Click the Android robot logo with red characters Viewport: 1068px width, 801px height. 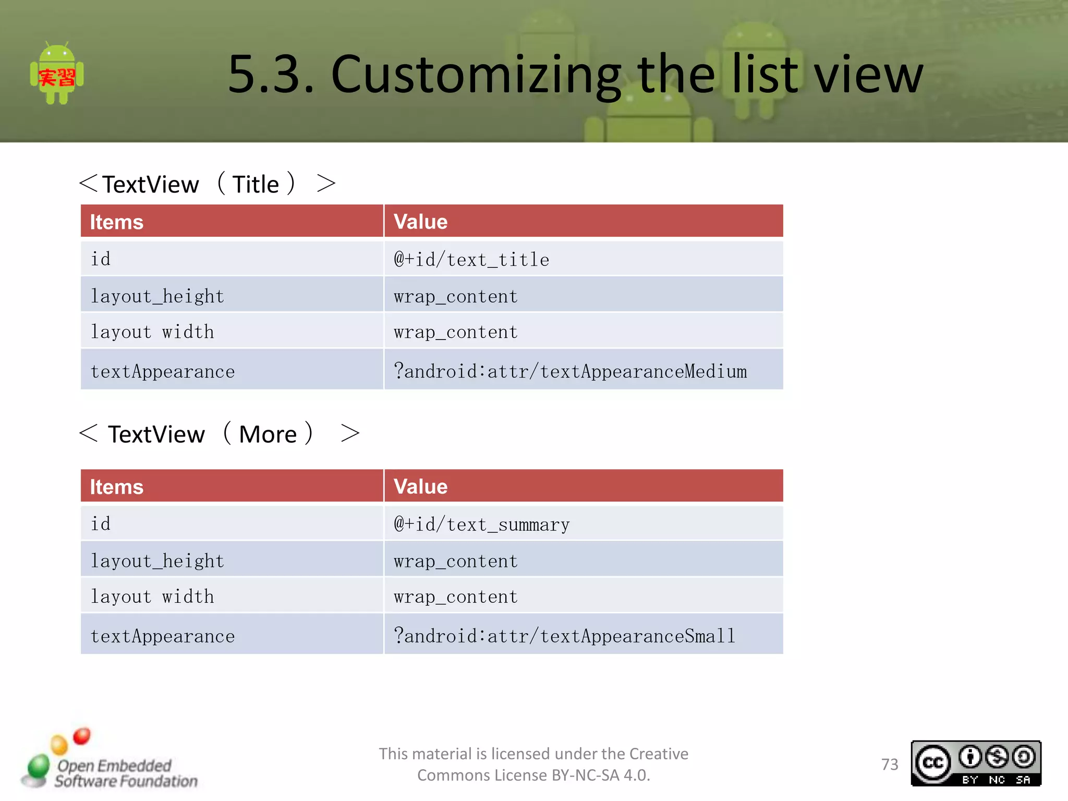click(57, 75)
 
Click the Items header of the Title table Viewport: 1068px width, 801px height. click(117, 222)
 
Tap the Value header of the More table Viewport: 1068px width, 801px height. click(420, 487)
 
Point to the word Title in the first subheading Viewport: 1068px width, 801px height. click(256, 185)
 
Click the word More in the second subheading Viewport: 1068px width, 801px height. click(268, 434)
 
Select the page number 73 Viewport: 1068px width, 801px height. click(890, 764)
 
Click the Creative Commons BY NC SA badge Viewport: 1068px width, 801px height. click(976, 763)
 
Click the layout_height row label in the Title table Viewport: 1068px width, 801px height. click(157, 296)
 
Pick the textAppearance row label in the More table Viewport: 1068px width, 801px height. click(163, 636)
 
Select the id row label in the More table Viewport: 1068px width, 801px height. click(101, 524)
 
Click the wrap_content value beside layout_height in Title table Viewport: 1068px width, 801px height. click(455, 296)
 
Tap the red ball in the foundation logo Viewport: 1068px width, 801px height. click(82, 736)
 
